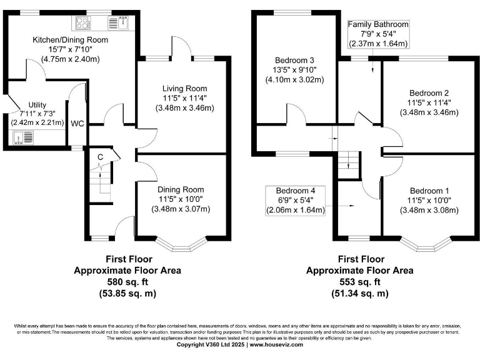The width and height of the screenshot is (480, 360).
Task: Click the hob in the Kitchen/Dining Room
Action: tap(83, 24)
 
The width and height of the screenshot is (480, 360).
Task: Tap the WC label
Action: tap(78, 123)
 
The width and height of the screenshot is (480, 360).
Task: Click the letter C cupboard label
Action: tap(99, 156)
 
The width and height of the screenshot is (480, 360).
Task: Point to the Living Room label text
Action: tap(184, 88)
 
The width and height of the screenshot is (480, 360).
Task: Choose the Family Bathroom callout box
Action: tap(378, 34)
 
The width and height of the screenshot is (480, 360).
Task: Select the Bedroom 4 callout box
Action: tap(296, 200)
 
